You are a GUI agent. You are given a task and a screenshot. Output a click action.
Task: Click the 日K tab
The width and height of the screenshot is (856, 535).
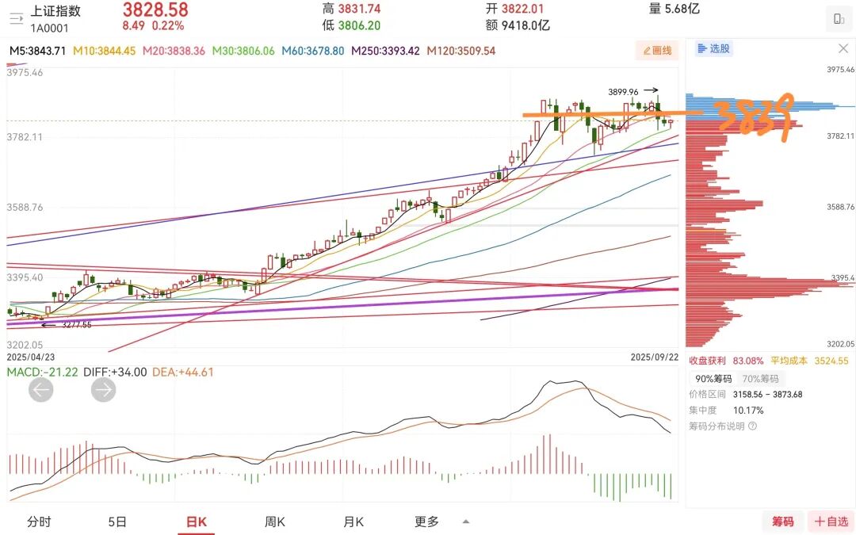pos(196,522)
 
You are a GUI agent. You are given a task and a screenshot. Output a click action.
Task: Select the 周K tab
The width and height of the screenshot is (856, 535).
pos(275,522)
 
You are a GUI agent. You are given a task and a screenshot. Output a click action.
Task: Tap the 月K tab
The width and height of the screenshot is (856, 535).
pos(353,522)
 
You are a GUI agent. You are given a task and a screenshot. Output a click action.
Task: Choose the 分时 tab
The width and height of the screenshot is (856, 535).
pos(39,522)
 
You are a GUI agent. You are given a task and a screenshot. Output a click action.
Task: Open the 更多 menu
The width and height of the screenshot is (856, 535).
pos(426,522)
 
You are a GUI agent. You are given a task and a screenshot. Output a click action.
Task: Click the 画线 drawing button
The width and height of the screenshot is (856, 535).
pos(657,51)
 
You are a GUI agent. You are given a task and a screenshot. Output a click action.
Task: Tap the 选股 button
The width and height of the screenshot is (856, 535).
pos(713,48)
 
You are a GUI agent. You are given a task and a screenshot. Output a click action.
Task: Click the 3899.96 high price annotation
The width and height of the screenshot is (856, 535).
pos(623,91)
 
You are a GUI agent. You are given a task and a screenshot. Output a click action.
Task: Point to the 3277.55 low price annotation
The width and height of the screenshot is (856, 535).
pos(76,324)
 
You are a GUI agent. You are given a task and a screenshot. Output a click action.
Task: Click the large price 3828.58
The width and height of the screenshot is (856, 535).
pos(155,10)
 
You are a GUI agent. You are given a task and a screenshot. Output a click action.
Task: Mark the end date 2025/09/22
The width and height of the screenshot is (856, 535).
pos(654,357)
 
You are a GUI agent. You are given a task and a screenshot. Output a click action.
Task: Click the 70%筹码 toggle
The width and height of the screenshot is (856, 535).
pos(760,379)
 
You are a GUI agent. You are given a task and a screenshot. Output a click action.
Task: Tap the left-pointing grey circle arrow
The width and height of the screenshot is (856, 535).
pos(41,389)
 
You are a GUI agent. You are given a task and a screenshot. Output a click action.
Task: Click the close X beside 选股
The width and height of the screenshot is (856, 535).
pos(843,48)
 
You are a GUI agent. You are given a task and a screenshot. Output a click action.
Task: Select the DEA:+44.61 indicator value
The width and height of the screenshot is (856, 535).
pos(182,372)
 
